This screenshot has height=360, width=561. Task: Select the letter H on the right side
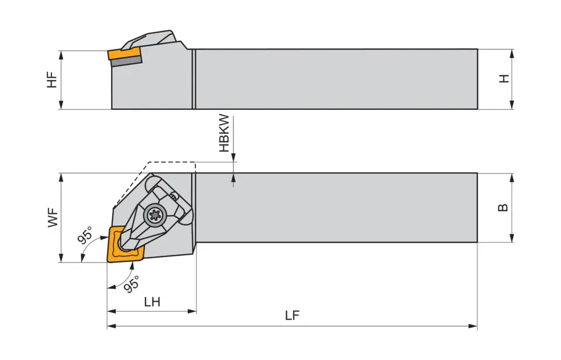click(504, 78)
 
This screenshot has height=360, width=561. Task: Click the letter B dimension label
click(503, 207)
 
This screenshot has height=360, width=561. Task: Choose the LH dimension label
click(151, 302)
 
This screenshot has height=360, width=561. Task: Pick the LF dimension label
click(292, 316)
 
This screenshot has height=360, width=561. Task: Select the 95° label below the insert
click(131, 283)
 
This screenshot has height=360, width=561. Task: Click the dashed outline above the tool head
click(169, 162)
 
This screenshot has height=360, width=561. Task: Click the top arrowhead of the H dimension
click(512, 53)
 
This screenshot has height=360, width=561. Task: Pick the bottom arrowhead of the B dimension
click(512, 238)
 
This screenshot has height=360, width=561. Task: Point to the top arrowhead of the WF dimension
click(61, 177)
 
